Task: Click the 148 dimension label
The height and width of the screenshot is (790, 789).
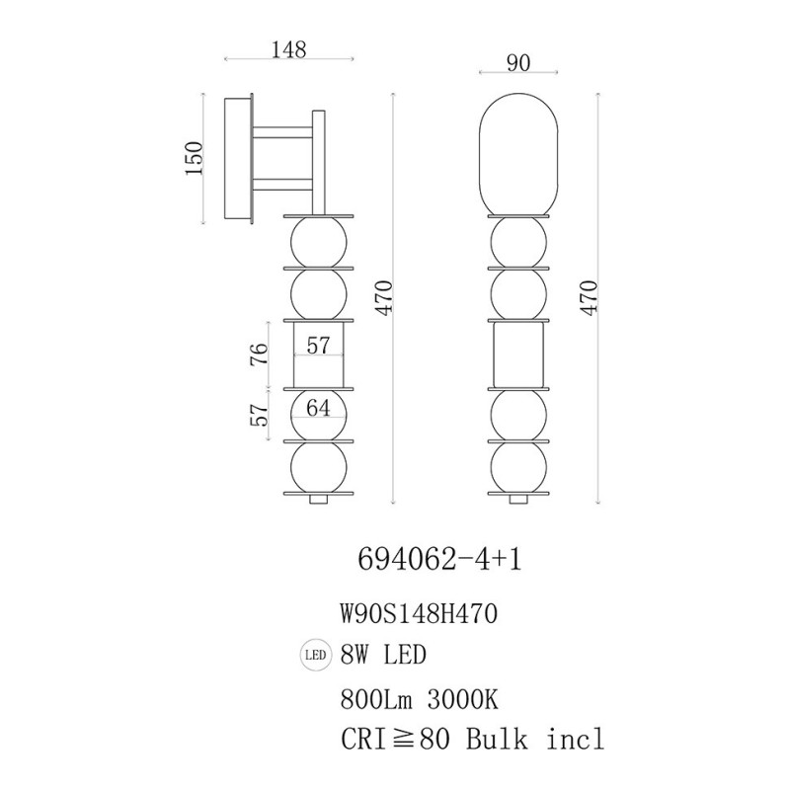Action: (x=288, y=49)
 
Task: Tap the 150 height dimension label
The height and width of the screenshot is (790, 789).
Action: (x=195, y=158)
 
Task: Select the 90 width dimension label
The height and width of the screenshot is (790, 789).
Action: (x=518, y=63)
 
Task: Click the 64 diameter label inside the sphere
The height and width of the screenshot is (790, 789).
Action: (x=318, y=408)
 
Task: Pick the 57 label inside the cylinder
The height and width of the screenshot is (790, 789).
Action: (x=318, y=346)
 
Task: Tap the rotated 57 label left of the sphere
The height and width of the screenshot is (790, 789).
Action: (x=259, y=415)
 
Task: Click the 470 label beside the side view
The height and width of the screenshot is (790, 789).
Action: (x=384, y=298)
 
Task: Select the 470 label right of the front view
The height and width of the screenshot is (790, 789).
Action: (x=589, y=298)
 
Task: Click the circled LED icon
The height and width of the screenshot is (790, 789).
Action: (x=315, y=655)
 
